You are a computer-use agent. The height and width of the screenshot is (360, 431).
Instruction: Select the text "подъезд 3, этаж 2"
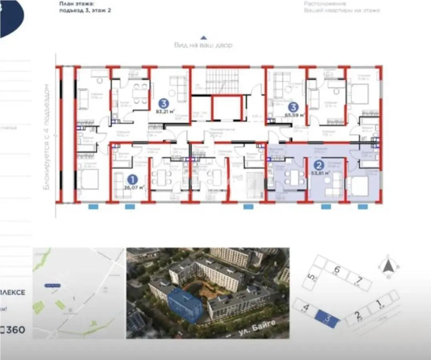(84, 11)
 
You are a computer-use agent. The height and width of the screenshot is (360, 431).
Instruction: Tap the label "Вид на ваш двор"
(203, 45)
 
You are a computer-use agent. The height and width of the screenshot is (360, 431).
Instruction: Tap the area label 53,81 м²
(321, 173)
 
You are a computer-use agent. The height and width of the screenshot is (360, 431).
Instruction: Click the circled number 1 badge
(131, 179)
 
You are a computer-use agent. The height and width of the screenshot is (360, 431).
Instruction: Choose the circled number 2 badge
(318, 165)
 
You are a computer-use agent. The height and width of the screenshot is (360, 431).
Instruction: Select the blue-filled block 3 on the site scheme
(328, 319)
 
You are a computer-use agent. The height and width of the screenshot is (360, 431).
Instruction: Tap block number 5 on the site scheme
(311, 277)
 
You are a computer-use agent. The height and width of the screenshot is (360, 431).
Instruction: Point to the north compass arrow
(387, 265)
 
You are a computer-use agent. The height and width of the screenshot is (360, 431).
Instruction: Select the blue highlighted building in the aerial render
(185, 306)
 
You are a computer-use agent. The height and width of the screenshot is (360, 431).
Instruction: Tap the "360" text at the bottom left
(16, 330)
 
